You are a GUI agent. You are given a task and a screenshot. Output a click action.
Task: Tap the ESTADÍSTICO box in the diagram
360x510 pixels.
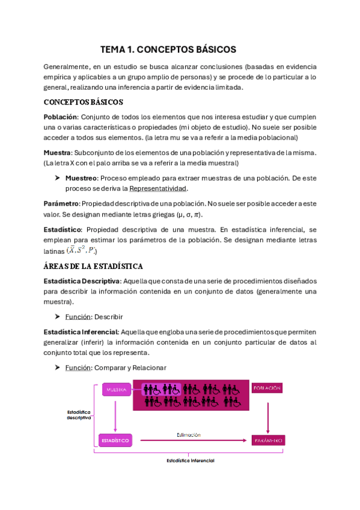pos(115,440)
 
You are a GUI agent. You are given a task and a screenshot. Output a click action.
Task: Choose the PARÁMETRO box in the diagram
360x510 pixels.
pos(267,440)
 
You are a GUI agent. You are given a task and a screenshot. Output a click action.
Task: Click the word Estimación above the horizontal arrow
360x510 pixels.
pos(189,434)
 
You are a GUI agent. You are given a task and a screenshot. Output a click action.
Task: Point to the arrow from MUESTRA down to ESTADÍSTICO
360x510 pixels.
pos(115,415)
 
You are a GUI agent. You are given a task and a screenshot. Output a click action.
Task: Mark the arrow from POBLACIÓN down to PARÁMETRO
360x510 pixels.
pos(267,415)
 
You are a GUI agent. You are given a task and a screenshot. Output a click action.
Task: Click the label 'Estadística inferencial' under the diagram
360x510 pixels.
pos(190,461)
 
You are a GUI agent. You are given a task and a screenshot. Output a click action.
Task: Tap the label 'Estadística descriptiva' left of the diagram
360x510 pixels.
pos(79,414)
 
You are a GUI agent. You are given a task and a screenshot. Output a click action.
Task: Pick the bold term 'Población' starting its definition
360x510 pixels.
pos(61,116)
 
